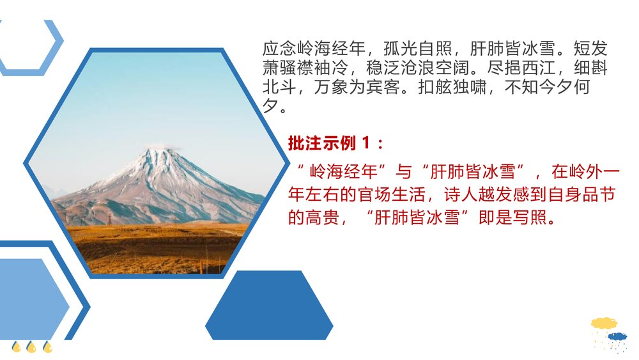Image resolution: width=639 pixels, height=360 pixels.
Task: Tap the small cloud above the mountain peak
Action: click(157, 146)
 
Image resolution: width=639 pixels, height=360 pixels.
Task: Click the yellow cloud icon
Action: click(603, 324)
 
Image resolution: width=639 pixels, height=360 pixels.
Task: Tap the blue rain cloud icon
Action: click(617, 337)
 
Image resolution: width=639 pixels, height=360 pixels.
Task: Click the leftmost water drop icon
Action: click(17, 347)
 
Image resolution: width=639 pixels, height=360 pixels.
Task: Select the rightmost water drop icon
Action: click(47, 347)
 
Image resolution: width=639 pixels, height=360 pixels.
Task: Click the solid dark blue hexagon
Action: click(269, 305)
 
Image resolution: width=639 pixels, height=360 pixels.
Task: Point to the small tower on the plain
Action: click(109, 219)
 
